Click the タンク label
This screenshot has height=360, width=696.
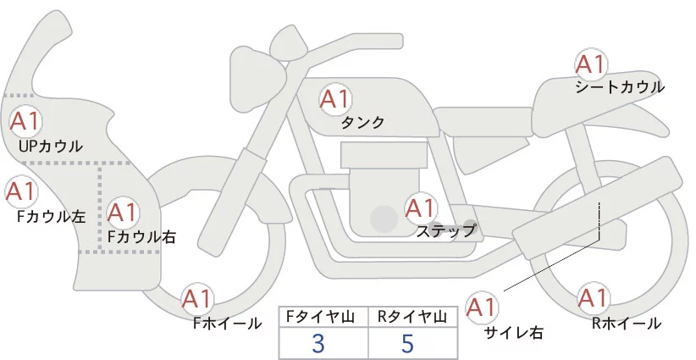coord(362,123)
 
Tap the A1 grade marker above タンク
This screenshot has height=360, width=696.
coord(334,99)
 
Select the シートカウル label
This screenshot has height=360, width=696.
coord(619,86)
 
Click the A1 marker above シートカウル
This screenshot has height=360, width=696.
coord(590,64)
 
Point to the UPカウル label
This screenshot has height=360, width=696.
coord(51,146)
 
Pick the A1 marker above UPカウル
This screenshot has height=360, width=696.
coord(24,121)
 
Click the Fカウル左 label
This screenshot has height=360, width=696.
coord(51,216)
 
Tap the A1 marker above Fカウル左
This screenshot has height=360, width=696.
coord(20,192)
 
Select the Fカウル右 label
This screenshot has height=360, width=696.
coord(141,237)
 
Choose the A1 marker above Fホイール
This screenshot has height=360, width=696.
coord(198,299)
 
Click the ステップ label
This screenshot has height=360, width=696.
coord(445,230)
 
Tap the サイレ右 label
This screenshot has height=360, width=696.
coord(512,332)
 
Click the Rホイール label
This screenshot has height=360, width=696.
coord(627,323)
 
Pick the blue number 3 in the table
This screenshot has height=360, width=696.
coord(318,343)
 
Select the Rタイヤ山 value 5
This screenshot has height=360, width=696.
coord(409,343)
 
